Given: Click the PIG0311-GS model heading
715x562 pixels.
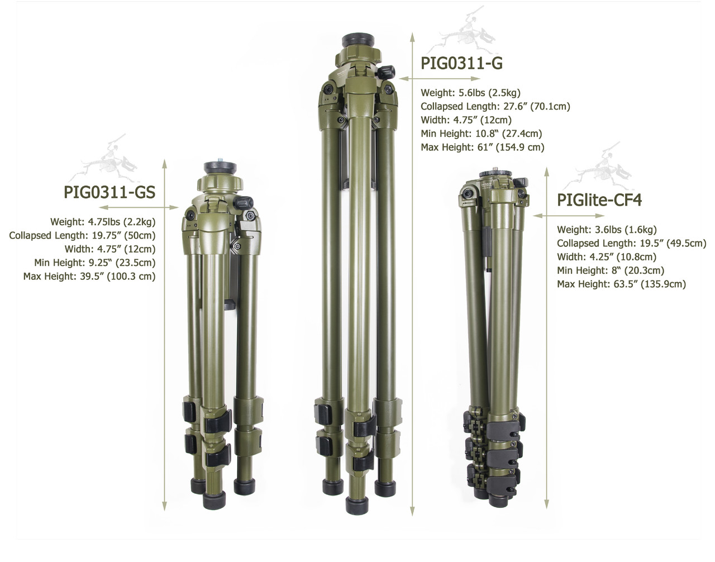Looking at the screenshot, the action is (109, 193).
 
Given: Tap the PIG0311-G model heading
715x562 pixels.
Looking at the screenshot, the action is (461, 64).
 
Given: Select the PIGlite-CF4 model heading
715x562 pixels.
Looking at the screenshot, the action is (599, 200).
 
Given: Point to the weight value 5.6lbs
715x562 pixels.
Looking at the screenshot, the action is (471, 93).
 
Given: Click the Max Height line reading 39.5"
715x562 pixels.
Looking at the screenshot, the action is (89, 277).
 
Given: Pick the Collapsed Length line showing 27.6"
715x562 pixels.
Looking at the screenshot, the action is (495, 107).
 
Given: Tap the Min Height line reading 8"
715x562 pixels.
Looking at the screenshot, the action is (611, 270).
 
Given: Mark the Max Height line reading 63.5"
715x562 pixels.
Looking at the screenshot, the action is (621, 284).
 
